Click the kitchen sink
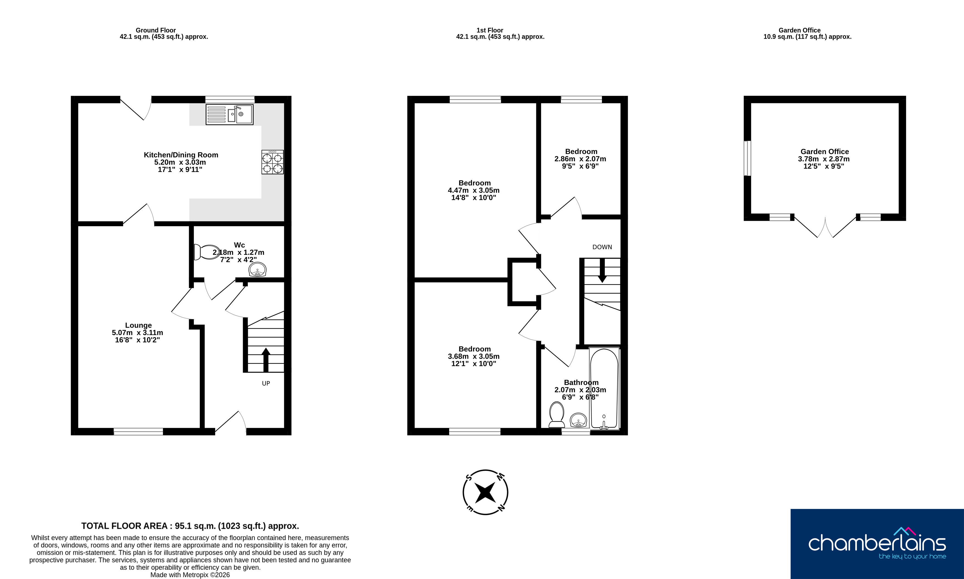(x=230, y=114)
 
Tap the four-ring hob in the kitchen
(x=272, y=162)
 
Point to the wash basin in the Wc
(x=258, y=270)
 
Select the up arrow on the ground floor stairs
(x=266, y=360)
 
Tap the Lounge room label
(x=138, y=325)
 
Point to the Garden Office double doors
(x=825, y=226)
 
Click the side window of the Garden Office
(x=747, y=158)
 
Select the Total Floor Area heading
(x=190, y=526)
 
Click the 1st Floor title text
(x=490, y=30)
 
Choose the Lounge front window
(x=138, y=431)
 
